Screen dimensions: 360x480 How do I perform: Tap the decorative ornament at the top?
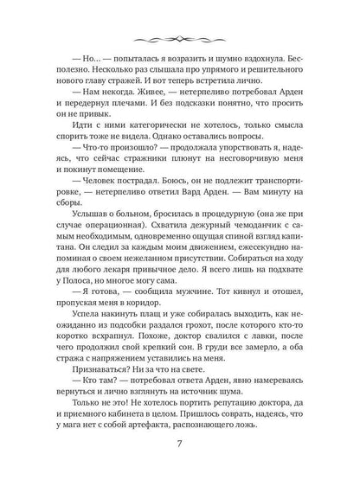coord(180,40)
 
